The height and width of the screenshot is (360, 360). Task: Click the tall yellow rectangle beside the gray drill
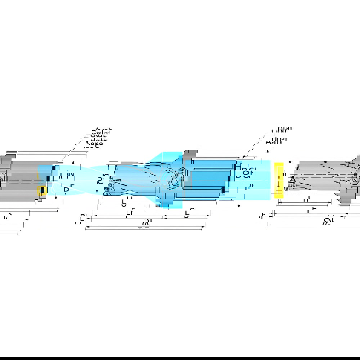(x=279, y=180)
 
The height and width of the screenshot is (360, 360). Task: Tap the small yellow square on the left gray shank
(x=42, y=190)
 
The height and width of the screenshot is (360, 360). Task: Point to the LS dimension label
(x=187, y=214)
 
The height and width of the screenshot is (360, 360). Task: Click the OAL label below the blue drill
(x=145, y=224)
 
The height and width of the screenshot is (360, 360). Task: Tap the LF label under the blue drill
(x=130, y=213)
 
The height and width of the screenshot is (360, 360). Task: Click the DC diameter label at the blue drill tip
(x=103, y=179)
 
